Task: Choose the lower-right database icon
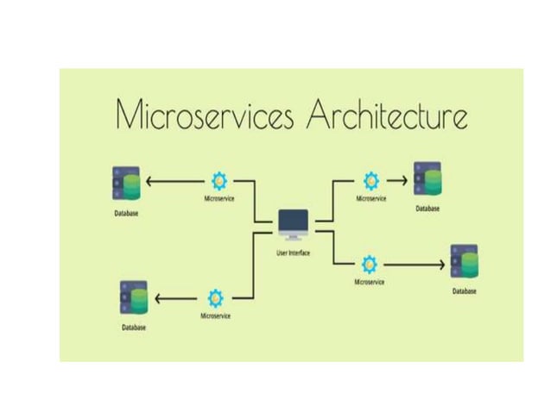(x=464, y=262)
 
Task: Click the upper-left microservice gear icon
(x=218, y=181)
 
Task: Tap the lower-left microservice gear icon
(x=215, y=299)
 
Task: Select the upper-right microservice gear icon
(x=371, y=180)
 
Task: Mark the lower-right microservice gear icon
(x=369, y=263)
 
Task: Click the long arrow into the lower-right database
(x=415, y=263)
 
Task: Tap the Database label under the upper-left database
(x=127, y=212)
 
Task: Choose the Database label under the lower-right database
(x=465, y=291)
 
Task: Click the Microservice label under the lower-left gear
(x=215, y=316)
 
